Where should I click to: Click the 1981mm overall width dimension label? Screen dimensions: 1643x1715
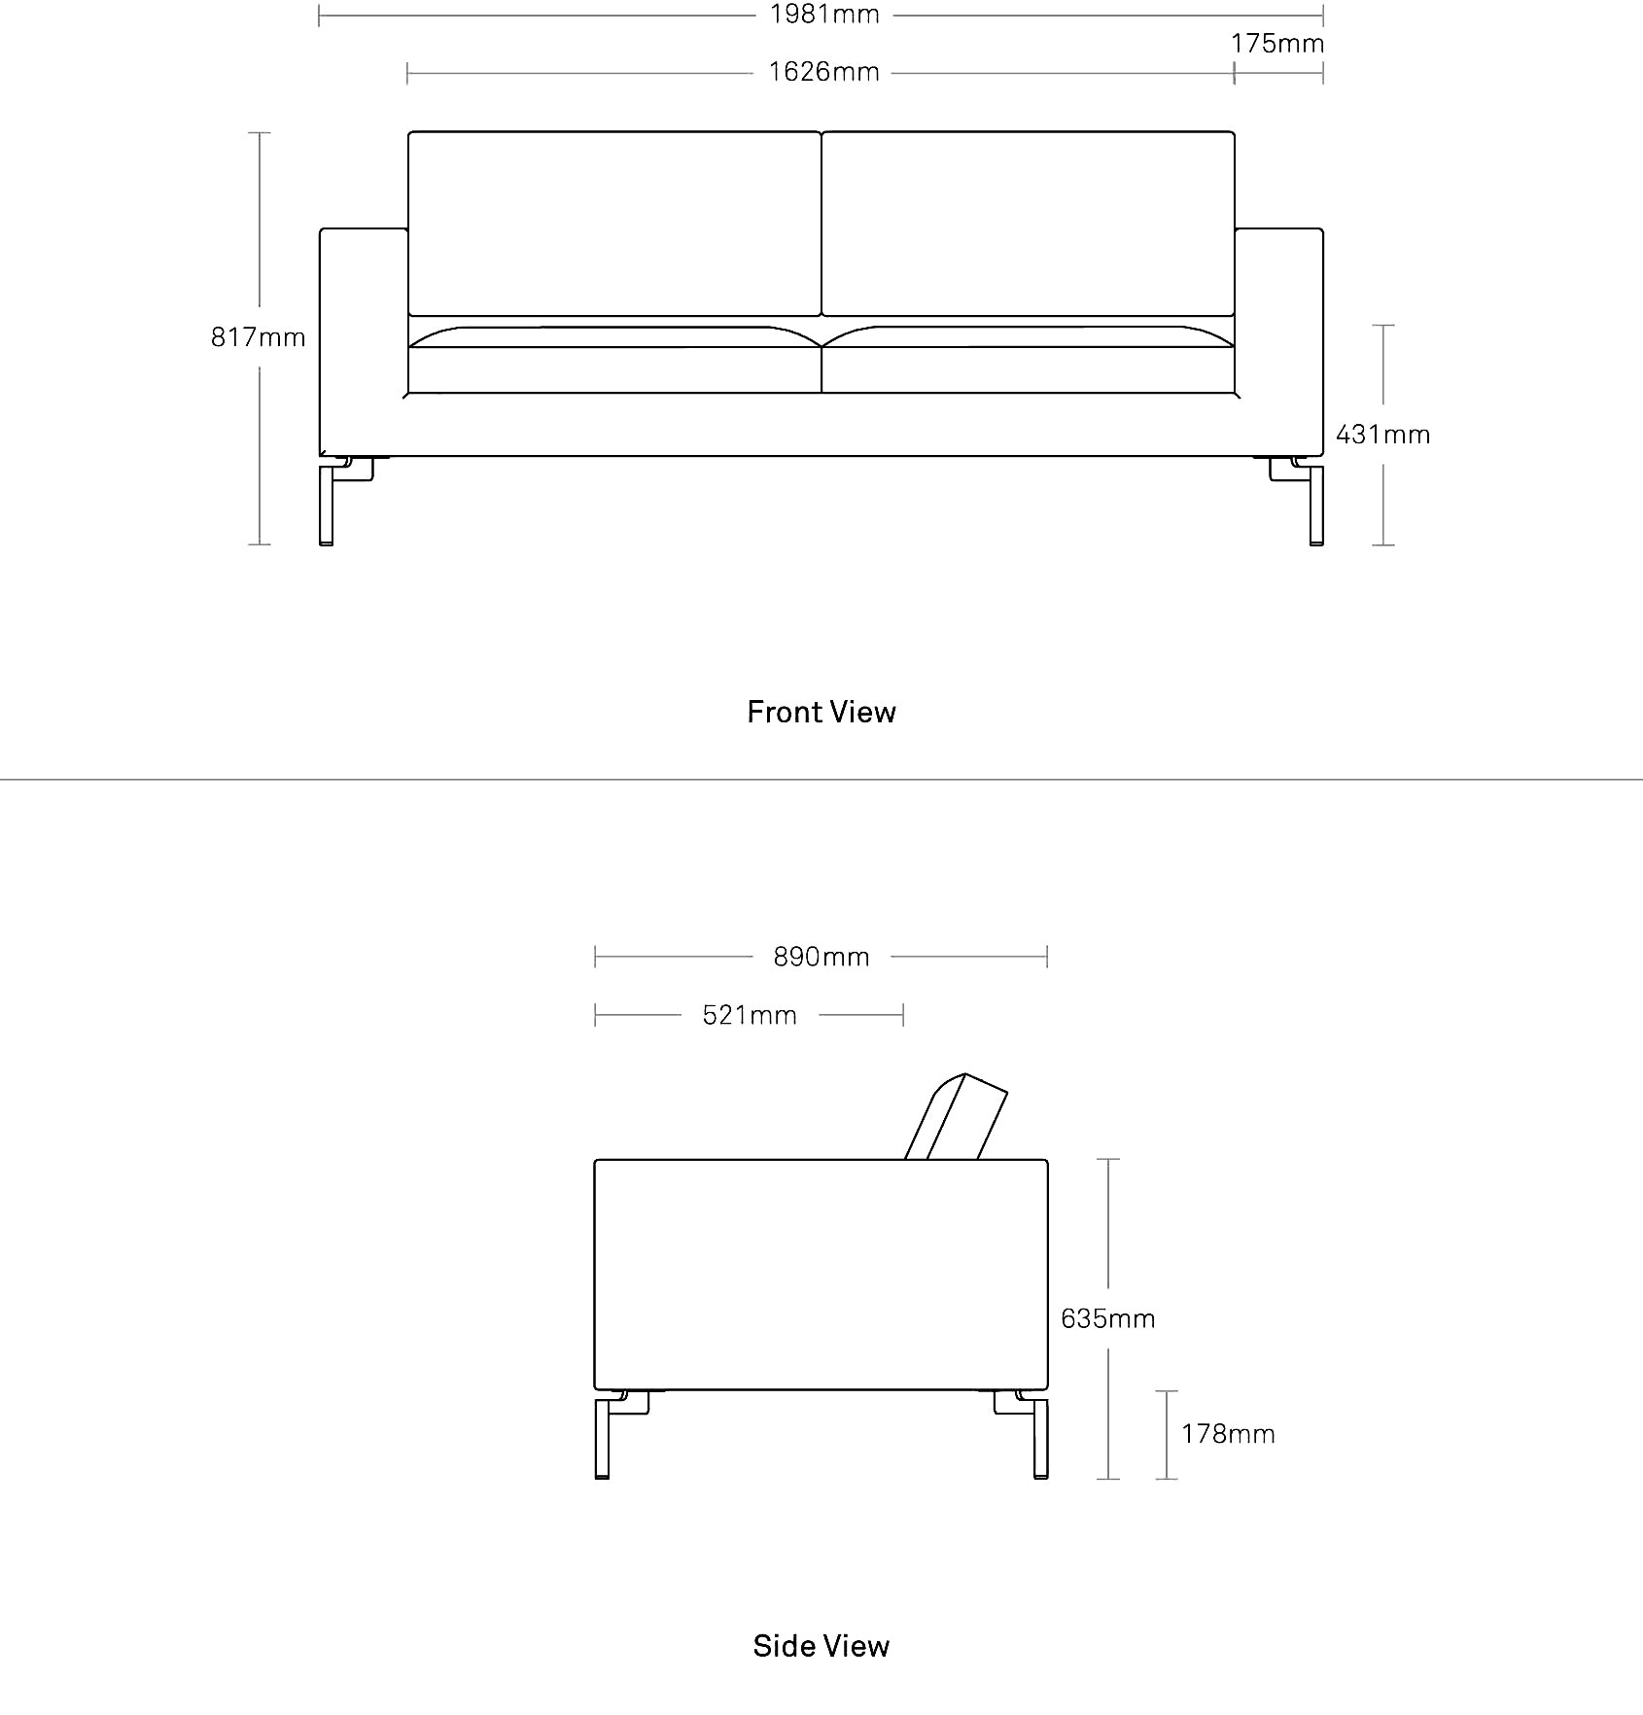click(x=824, y=15)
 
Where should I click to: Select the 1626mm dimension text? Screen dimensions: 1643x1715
click(x=824, y=72)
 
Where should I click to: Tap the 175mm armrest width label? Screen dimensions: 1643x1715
click(x=1277, y=44)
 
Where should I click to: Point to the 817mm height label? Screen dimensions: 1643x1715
click(x=259, y=337)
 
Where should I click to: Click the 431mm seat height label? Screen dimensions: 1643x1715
click(x=1383, y=435)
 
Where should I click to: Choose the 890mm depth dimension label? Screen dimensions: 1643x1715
click(x=821, y=957)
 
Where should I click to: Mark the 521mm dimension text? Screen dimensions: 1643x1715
click(x=750, y=1015)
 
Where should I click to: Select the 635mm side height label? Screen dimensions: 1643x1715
click(x=1108, y=1318)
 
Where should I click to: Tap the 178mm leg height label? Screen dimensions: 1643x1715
click(x=1228, y=1434)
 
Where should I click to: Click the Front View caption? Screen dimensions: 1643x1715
click(x=821, y=712)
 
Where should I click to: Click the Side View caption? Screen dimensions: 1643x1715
click(x=821, y=1645)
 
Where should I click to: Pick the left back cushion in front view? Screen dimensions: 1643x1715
click(x=614, y=224)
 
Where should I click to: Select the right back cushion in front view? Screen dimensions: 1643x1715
click(x=1029, y=224)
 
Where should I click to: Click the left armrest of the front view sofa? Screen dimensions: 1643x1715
click(x=364, y=341)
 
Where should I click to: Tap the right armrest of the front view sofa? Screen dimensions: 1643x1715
click(x=1279, y=341)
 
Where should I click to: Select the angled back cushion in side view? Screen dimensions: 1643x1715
click(x=956, y=1117)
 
